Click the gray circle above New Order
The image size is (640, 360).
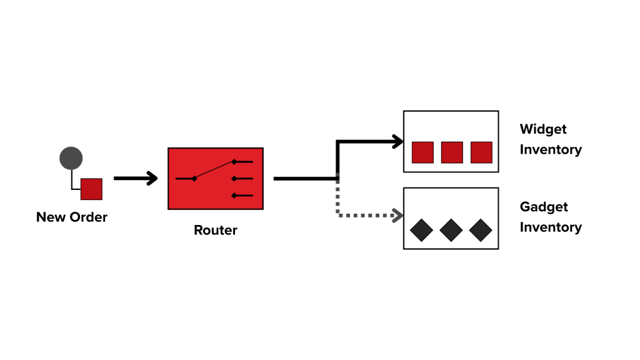(x=71, y=158)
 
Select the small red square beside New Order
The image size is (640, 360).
(x=91, y=189)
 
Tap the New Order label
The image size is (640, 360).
(x=72, y=217)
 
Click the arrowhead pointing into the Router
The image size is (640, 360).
(x=152, y=179)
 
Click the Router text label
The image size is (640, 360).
(x=216, y=230)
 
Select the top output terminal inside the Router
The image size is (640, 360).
(x=235, y=162)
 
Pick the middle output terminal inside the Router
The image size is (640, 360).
(x=235, y=179)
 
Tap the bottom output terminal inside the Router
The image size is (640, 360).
(x=235, y=196)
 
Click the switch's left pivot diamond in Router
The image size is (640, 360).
(x=194, y=179)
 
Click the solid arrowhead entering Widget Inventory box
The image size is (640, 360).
(x=397, y=142)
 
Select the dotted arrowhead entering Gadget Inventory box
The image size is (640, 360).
(x=397, y=216)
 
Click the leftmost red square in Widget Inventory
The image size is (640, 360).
(x=422, y=152)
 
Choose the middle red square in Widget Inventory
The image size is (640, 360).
(x=452, y=152)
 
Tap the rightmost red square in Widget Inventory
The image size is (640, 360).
(x=481, y=152)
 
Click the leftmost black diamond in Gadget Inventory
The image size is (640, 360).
(x=421, y=230)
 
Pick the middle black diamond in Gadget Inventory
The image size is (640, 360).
(x=451, y=230)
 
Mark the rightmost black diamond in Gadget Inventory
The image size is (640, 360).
(x=480, y=230)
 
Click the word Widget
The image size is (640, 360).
(x=543, y=129)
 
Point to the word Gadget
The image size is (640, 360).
(x=543, y=207)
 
